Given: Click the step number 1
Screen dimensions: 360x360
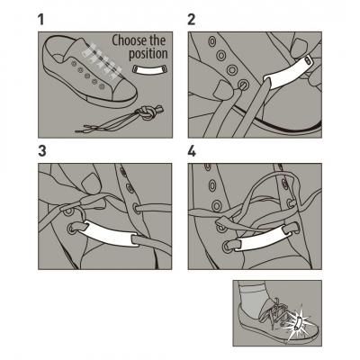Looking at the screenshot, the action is [40, 20].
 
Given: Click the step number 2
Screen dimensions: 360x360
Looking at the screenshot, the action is [192, 20].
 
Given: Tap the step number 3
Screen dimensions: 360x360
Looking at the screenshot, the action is [42, 151].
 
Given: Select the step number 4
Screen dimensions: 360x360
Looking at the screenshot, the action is [192, 151].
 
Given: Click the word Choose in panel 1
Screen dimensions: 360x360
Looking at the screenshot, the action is [130, 40].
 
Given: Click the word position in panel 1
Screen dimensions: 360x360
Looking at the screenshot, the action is [148, 54].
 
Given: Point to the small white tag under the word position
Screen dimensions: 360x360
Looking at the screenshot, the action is [149, 69].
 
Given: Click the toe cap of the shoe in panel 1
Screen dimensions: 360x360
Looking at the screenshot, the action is [124, 90].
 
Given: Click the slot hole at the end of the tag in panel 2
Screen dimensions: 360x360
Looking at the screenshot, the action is [308, 60].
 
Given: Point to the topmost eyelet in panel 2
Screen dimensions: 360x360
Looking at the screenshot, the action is [212, 41].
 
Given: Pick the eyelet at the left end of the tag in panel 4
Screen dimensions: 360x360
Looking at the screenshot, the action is [228, 247].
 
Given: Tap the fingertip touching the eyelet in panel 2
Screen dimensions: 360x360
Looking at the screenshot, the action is [222, 89].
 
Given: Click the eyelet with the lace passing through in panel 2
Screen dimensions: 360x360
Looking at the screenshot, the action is [243, 85].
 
